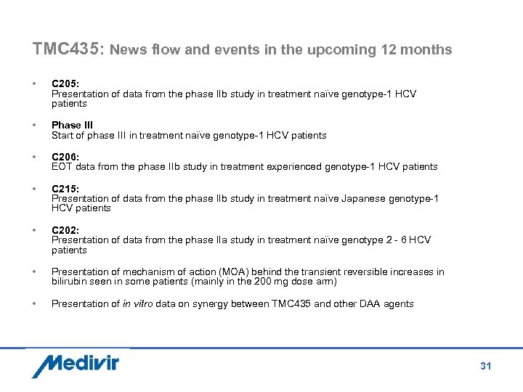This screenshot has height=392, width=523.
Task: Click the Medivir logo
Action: coord(75,364)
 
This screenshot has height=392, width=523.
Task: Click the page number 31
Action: coord(485,366)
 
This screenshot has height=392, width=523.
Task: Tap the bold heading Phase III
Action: coord(72,126)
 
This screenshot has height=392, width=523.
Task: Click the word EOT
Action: coord(62,167)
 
